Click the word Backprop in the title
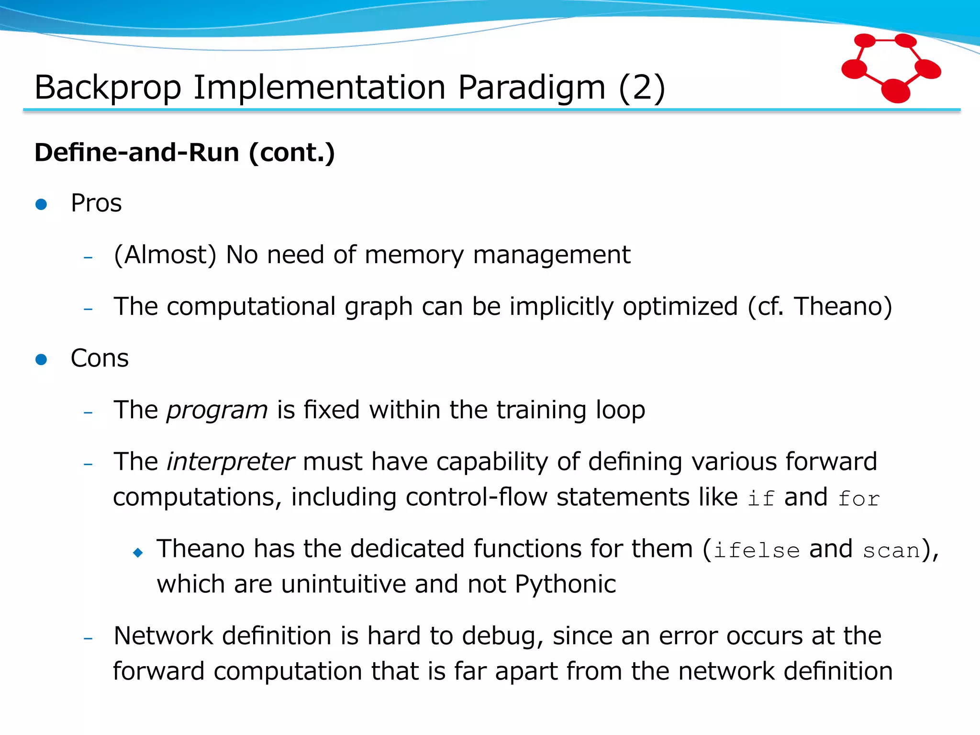[108, 88]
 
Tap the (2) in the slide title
[642, 88]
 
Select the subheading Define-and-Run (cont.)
[185, 153]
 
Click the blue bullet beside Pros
[42, 204]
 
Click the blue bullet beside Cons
[42, 359]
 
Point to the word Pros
[96, 203]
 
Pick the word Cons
[100, 358]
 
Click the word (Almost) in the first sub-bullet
[165, 255]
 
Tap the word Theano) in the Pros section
[843, 306]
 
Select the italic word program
[217, 411]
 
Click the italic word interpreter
[230, 462]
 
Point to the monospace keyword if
[760, 498]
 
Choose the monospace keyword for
[858, 499]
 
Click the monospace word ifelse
[757, 550]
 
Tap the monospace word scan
[891, 551]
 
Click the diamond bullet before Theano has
[138, 553]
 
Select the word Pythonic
[565, 584]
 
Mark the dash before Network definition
[88, 638]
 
